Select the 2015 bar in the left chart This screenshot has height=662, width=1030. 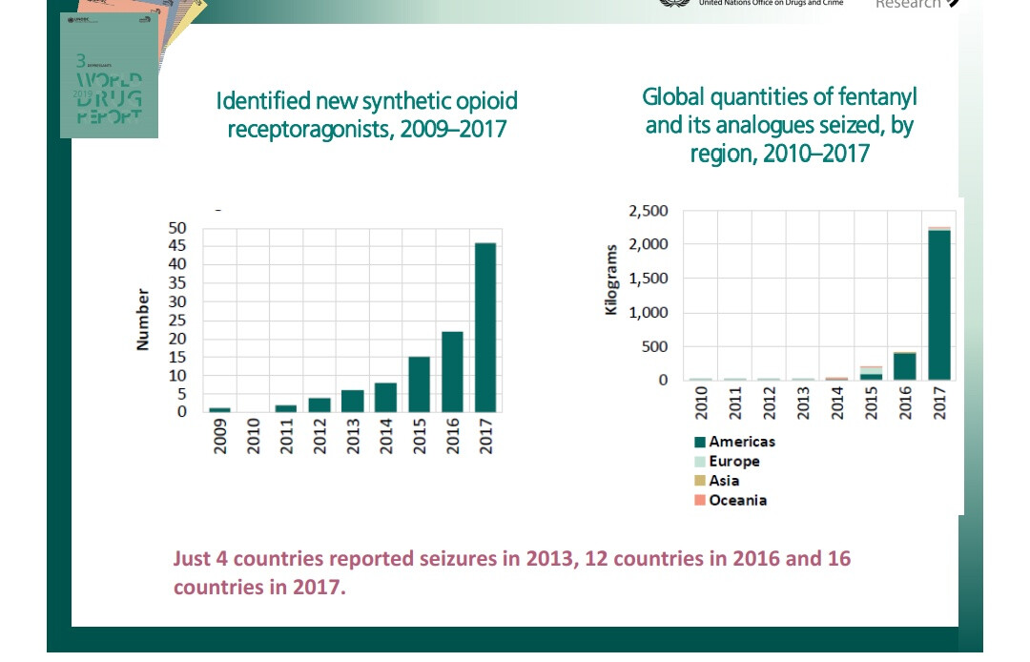pyautogui.click(x=419, y=383)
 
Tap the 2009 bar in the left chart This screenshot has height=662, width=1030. pyautogui.click(x=219, y=409)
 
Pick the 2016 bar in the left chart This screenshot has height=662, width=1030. pyautogui.click(x=452, y=371)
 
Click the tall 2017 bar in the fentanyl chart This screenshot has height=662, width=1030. pyautogui.click(x=938, y=304)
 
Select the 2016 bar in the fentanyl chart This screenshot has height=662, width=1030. pyautogui.click(x=905, y=366)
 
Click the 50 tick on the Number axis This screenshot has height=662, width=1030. pyautogui.click(x=177, y=228)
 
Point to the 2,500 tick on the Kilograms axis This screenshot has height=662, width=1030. pyautogui.click(x=649, y=210)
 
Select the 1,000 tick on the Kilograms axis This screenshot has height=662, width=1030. pyautogui.click(x=649, y=312)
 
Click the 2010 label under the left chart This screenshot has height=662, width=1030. pyautogui.click(x=253, y=436)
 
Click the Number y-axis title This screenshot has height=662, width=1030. pyautogui.click(x=143, y=320)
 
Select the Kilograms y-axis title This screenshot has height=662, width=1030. pyautogui.click(x=612, y=279)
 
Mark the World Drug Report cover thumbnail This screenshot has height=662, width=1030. pyautogui.click(x=109, y=76)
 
